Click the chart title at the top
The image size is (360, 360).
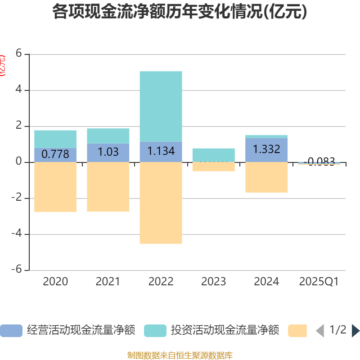[x=180, y=12]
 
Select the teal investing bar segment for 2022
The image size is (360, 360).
[x=161, y=106]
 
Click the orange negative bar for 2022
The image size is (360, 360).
[x=161, y=202]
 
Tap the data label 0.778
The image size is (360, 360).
[x=55, y=154]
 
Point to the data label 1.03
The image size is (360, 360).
[x=108, y=152]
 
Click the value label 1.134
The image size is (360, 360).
[x=161, y=151]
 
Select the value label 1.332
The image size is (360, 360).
[x=266, y=149]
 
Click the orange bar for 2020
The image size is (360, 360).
[x=55, y=187]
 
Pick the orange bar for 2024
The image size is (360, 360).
[x=266, y=177]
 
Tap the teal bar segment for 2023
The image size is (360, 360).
[x=213, y=154]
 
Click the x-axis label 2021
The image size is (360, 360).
[x=108, y=282]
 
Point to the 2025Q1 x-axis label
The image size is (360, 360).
[x=319, y=282]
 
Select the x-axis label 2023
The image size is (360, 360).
[x=213, y=282]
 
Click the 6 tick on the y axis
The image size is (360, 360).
[x=18, y=54]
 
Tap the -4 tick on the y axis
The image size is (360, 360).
[x=17, y=234]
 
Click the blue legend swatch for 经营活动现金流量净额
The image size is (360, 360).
[x=11, y=331]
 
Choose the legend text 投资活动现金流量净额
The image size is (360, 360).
[x=225, y=330]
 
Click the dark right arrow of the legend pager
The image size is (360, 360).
[x=355, y=331]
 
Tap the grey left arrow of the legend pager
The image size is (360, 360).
[x=320, y=331]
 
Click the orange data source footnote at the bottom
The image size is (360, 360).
[x=180, y=355]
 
